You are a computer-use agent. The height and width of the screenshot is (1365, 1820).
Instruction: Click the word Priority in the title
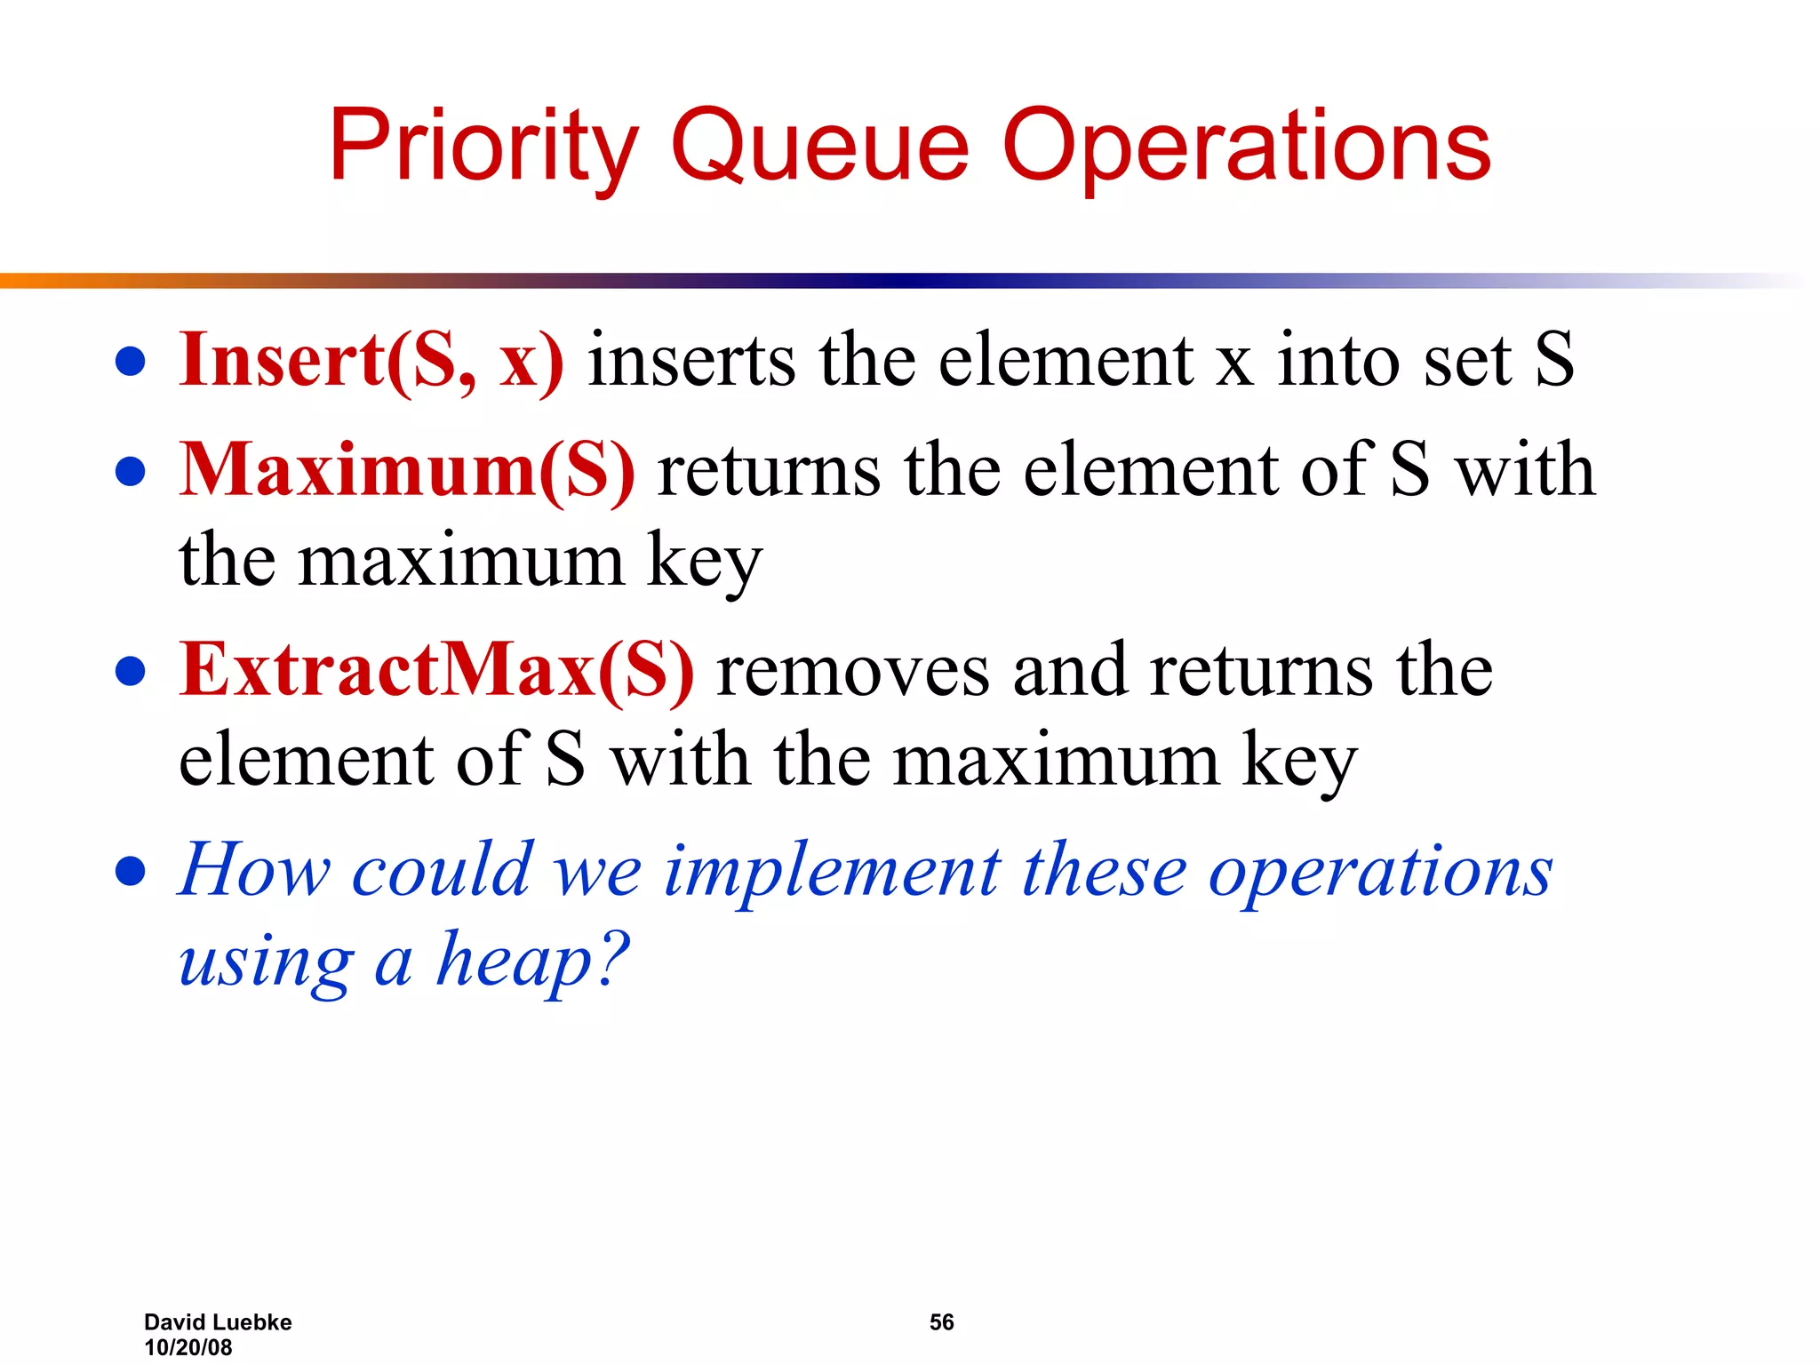(x=483, y=147)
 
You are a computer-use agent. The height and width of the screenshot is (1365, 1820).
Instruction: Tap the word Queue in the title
(x=819, y=147)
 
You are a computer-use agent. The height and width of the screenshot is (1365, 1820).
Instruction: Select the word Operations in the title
(x=1247, y=147)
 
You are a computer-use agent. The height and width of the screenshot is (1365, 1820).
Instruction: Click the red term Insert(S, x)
(x=371, y=360)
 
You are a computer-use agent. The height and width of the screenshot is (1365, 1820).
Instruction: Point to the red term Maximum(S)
(x=407, y=470)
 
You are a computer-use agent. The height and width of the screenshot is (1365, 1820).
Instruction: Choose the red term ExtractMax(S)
(x=436, y=670)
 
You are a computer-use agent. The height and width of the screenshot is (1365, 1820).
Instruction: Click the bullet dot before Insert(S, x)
(x=131, y=362)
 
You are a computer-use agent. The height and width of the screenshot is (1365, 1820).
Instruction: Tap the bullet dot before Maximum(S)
(x=131, y=472)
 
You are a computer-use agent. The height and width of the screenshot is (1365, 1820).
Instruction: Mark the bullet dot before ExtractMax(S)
(x=131, y=672)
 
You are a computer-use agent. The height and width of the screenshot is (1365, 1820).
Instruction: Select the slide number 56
(x=941, y=1322)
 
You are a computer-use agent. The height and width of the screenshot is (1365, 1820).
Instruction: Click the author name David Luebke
(x=218, y=1322)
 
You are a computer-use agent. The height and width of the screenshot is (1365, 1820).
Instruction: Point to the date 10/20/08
(x=188, y=1347)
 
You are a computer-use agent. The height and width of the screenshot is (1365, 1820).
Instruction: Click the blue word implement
(x=832, y=871)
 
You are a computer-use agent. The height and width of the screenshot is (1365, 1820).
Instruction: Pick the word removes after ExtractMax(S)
(x=852, y=672)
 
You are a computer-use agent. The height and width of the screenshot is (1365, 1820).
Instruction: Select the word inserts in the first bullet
(x=691, y=360)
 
